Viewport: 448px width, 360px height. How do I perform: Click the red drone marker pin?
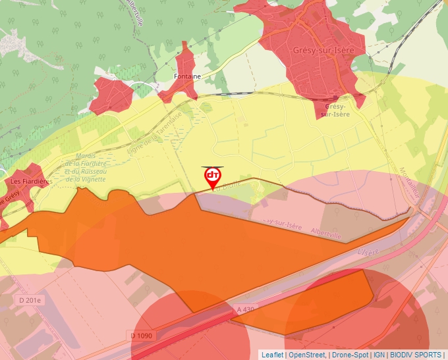pyautogui.click(x=212, y=177)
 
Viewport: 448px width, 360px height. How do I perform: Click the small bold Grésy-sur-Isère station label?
pyautogui.click(x=335, y=110)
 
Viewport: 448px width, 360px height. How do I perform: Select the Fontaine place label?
pyautogui.click(x=186, y=76)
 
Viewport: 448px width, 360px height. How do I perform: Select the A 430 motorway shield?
pyautogui.click(x=244, y=308)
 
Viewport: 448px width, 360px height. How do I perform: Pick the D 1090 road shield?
pyautogui.click(x=142, y=336)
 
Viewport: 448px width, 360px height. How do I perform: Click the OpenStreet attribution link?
pyautogui.click(x=306, y=355)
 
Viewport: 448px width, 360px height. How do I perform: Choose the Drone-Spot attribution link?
pyautogui.click(x=350, y=355)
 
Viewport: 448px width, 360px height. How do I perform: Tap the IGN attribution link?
pyautogui.click(x=379, y=355)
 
